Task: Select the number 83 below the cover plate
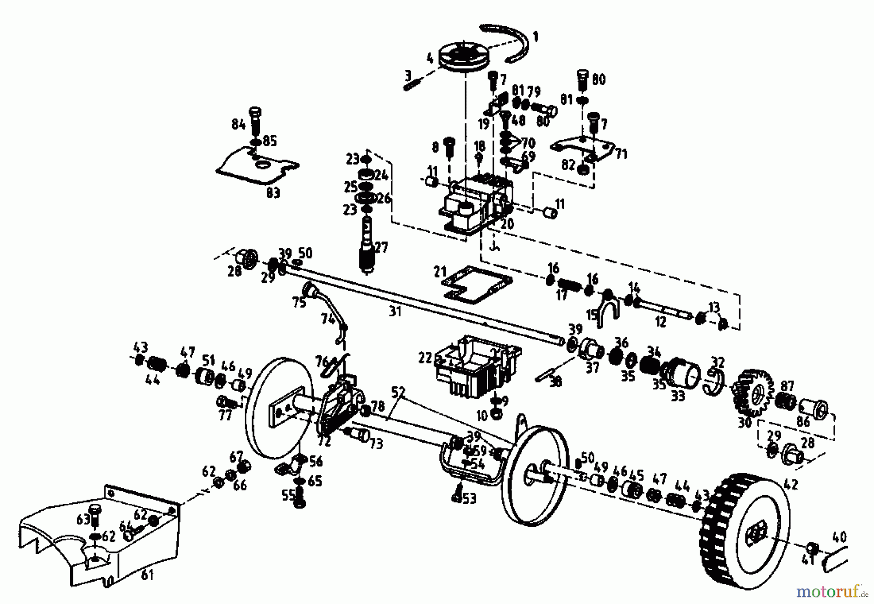pyautogui.click(x=273, y=193)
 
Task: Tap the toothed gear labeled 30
pyautogui.click(x=751, y=395)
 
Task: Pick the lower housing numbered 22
pyautogui.click(x=476, y=365)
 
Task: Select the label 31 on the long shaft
pyautogui.click(x=395, y=311)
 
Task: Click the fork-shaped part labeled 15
pyautogui.click(x=607, y=309)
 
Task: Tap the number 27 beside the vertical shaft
pyautogui.click(x=382, y=247)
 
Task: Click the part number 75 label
pyautogui.click(x=299, y=302)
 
